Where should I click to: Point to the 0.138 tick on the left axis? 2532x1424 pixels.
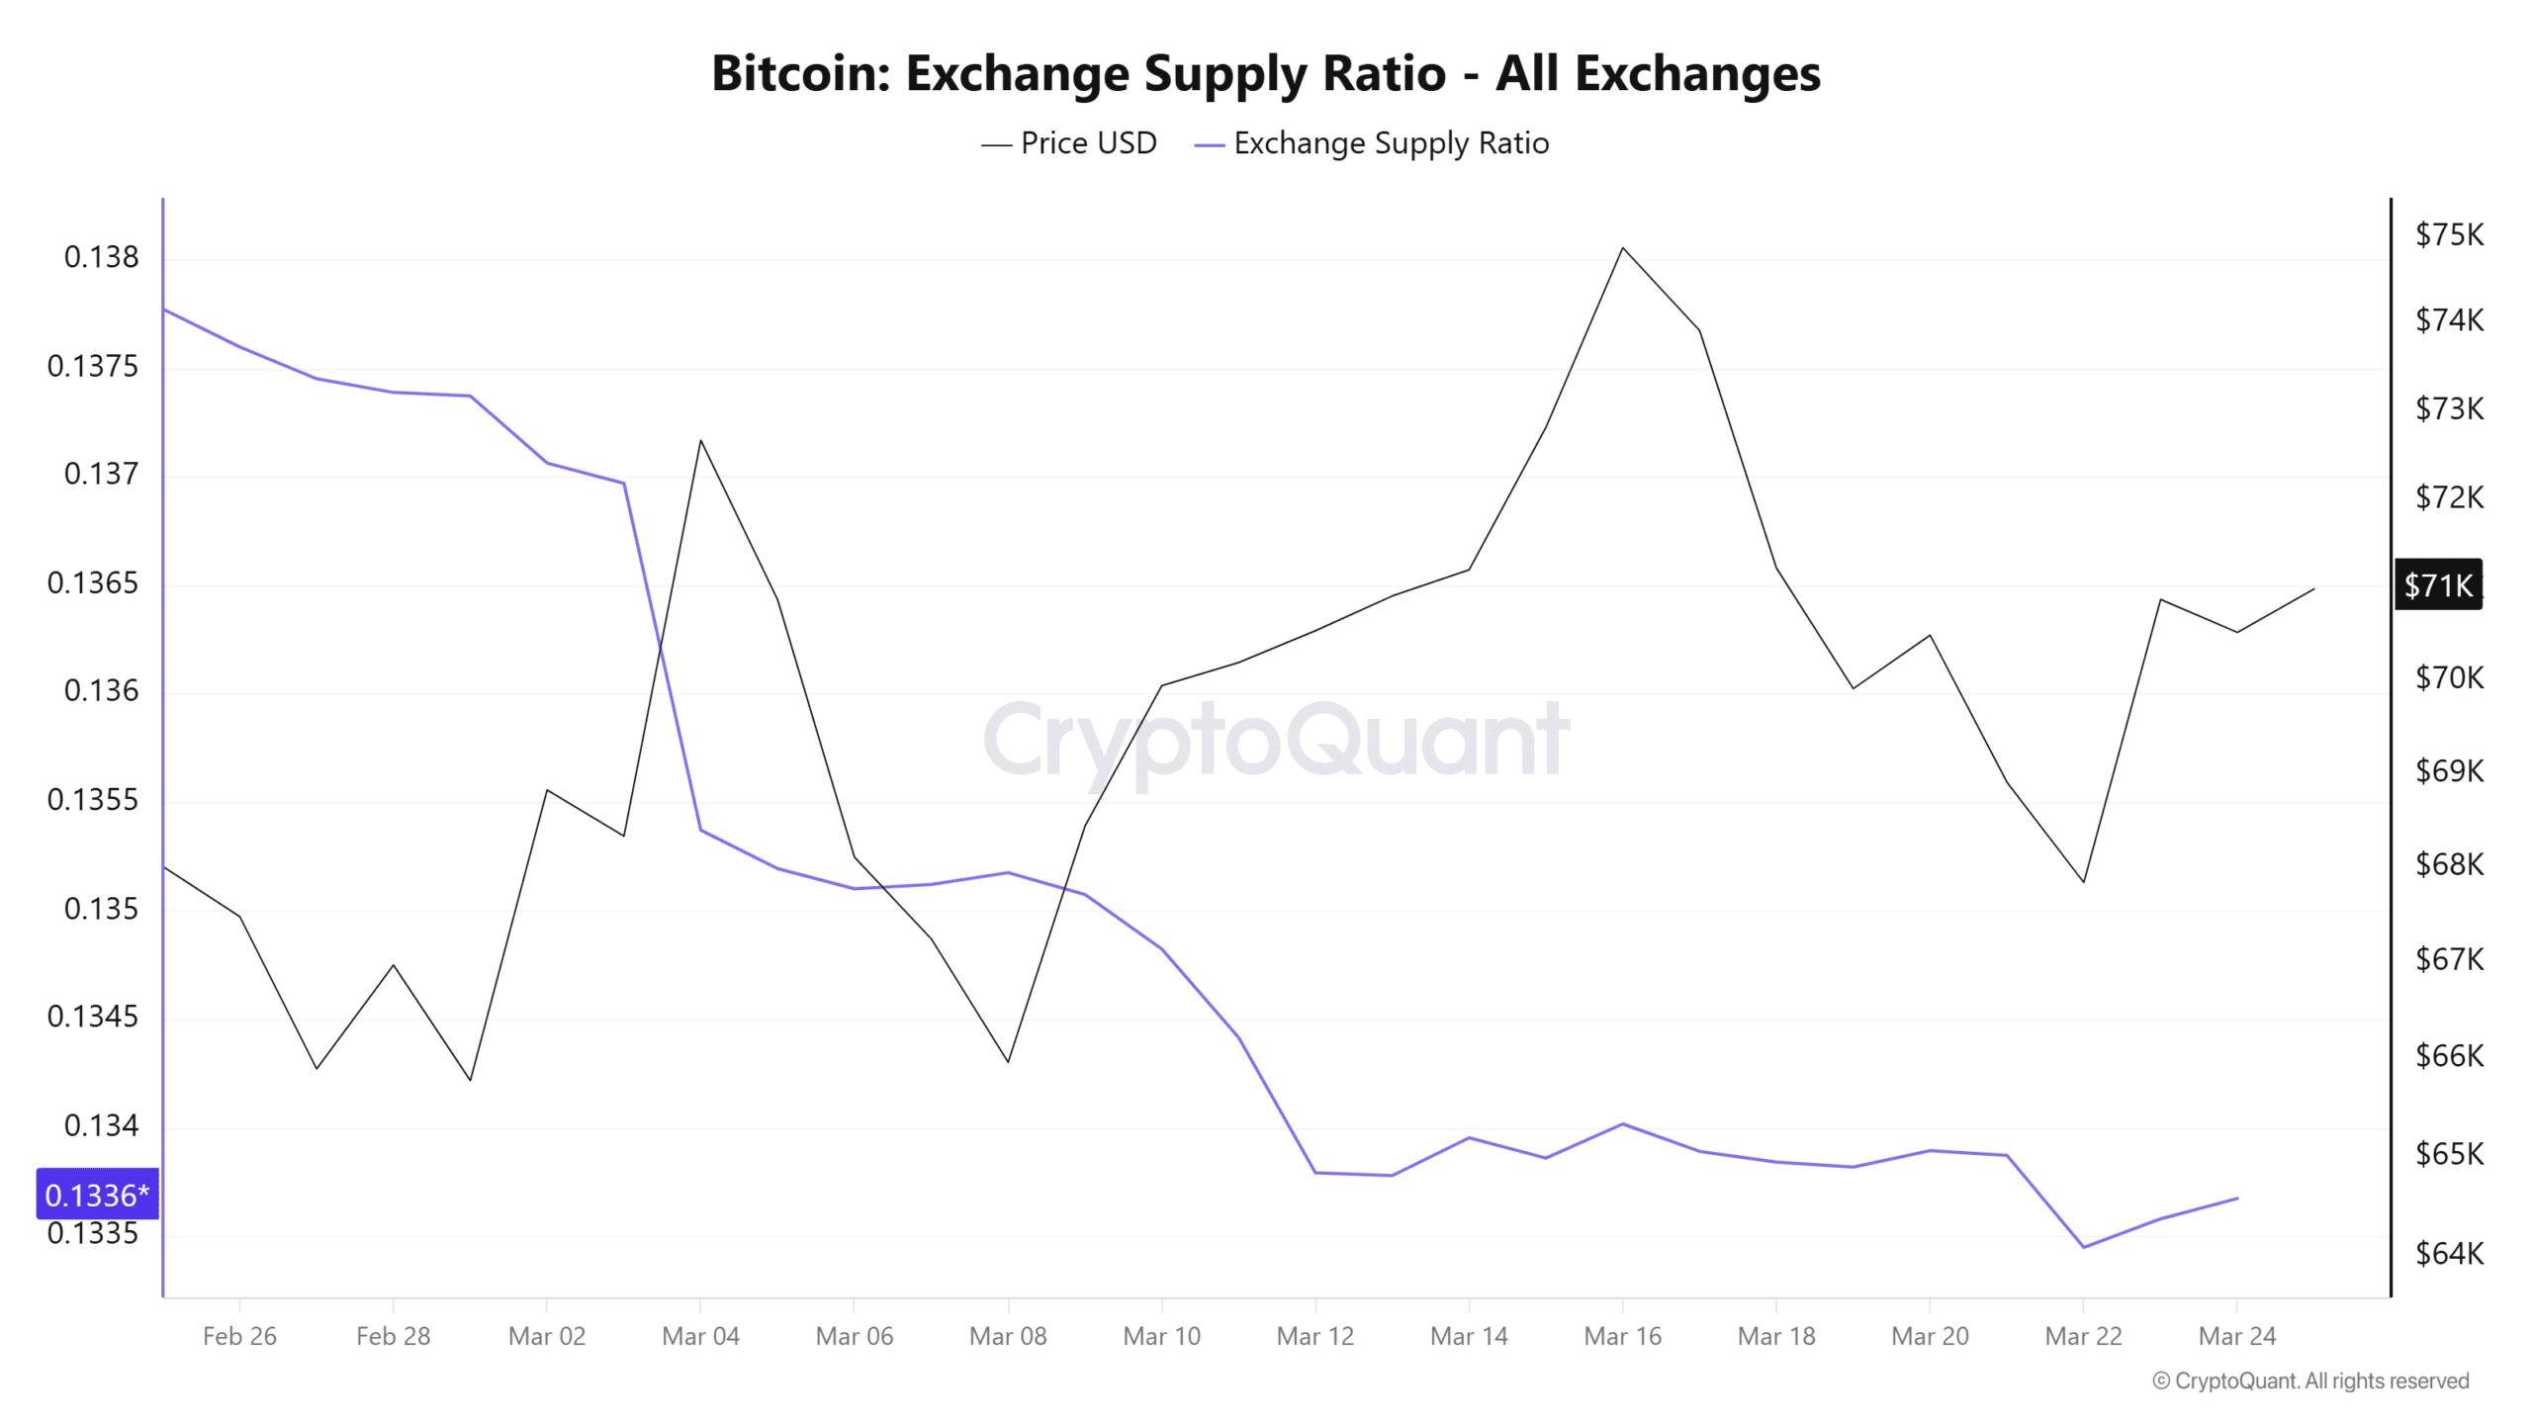click(x=101, y=257)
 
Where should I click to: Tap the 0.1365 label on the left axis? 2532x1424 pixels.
click(x=93, y=582)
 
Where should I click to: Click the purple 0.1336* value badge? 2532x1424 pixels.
click(x=97, y=1195)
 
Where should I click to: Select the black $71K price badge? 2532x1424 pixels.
click(x=2438, y=585)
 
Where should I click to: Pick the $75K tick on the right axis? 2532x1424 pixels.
click(x=2449, y=234)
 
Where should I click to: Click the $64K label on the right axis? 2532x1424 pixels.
click(x=2449, y=1253)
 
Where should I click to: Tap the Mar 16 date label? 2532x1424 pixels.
click(x=1622, y=1336)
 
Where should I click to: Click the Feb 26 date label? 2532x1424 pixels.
click(x=239, y=1336)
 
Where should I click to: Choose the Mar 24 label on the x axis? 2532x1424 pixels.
click(x=2236, y=1336)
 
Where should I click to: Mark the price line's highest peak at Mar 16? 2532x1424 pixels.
click(x=1623, y=248)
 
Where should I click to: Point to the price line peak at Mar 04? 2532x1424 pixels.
click(x=700, y=440)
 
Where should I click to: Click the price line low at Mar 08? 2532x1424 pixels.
click(x=1008, y=1061)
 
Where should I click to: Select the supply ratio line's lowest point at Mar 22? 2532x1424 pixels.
click(x=2084, y=1247)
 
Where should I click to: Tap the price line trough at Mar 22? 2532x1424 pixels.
click(x=2084, y=881)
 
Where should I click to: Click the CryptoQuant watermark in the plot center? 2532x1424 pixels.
click(x=1276, y=739)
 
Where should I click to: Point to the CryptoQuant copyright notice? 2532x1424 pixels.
click(x=2310, y=1380)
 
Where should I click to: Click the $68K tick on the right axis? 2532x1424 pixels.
click(x=2449, y=864)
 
